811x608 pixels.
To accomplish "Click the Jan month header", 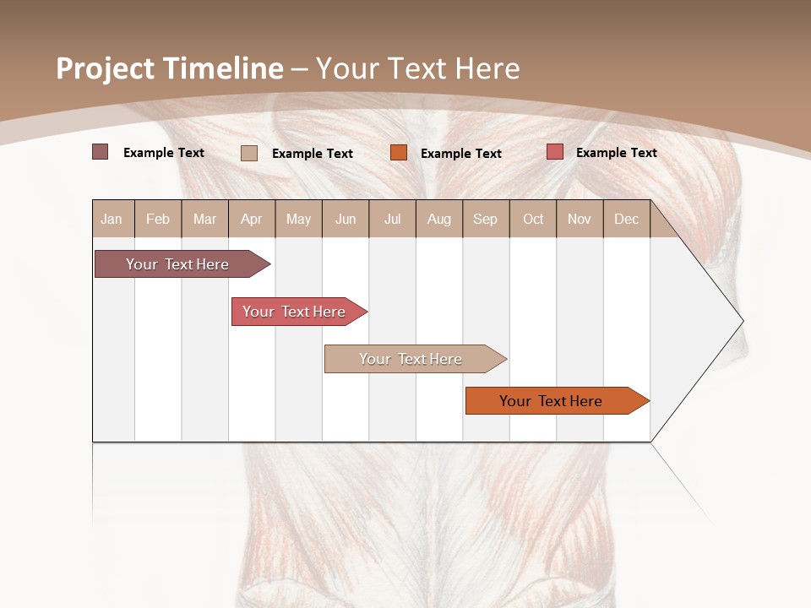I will [112, 220].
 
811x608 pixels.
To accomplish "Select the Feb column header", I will [158, 220].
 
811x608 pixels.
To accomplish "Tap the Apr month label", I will [252, 220].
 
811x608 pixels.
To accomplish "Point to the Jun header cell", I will [346, 220].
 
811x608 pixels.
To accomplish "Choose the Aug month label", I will [439, 220].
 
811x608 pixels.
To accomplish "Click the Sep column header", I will [486, 220].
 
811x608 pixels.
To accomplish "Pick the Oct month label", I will [533, 220].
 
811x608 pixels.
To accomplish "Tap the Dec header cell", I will [627, 220].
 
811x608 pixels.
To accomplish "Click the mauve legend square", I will [101, 152].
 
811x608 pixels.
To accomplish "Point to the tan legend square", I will [249, 153].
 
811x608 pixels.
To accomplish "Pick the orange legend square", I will [399, 153].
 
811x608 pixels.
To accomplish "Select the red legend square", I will [555, 152].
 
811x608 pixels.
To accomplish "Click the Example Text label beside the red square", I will [617, 153].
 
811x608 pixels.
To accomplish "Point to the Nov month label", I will [580, 220].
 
